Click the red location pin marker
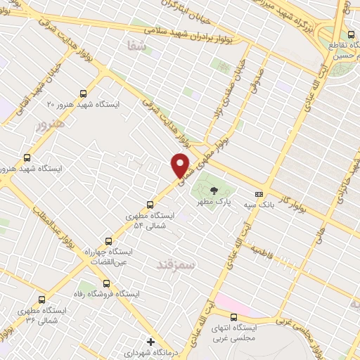181,165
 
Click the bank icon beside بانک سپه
259,193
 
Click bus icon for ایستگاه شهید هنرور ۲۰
83,94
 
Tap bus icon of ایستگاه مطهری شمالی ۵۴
149,205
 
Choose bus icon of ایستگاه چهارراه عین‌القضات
108,240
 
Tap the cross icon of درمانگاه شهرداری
150,342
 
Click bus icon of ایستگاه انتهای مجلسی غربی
252,317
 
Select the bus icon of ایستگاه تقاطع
349,34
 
